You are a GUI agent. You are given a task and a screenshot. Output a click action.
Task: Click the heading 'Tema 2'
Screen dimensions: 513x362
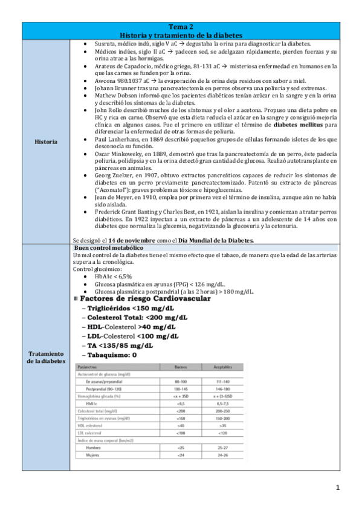[181, 27]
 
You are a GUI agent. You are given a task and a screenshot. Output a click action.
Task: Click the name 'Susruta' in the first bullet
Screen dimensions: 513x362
[105, 44]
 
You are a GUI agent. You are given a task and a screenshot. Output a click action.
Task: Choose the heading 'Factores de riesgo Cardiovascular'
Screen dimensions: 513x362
[144, 299]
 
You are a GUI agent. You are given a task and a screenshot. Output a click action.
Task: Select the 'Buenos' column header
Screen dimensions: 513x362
[180, 367]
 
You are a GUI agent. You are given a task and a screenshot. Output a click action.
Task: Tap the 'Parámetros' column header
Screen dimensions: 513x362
[88, 367]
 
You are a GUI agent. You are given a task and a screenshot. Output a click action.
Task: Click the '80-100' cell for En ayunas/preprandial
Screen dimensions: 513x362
[180, 382]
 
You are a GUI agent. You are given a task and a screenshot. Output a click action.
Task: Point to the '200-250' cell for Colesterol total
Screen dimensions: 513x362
[222, 410]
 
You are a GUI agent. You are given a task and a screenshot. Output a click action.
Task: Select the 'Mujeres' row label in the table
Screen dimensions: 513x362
[92, 454]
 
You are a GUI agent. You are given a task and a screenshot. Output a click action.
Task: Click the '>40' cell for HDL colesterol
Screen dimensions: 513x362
[180, 425]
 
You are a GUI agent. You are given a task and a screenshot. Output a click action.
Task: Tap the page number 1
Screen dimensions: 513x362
[338, 487]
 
